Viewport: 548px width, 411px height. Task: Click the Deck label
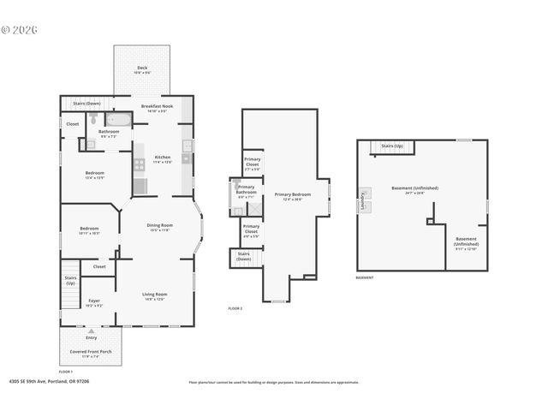pyautogui.click(x=142, y=70)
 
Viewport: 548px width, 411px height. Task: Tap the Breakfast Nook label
pyautogui.click(x=158, y=108)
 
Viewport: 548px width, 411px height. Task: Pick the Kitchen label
pyautogui.click(x=162, y=158)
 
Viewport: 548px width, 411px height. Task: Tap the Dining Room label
pyautogui.click(x=161, y=227)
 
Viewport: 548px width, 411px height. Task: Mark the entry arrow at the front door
pyautogui.click(x=91, y=330)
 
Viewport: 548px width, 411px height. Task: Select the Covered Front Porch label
pyautogui.click(x=91, y=353)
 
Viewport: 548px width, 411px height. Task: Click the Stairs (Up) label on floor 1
pyautogui.click(x=71, y=280)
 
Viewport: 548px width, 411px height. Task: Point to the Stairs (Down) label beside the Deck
pyautogui.click(x=86, y=103)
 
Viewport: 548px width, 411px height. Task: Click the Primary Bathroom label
pyautogui.click(x=247, y=190)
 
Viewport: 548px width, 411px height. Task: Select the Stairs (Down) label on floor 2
pyautogui.click(x=243, y=256)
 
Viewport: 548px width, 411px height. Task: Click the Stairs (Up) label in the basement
pyautogui.click(x=392, y=146)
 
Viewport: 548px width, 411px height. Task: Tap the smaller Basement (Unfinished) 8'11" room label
pyautogui.click(x=466, y=242)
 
